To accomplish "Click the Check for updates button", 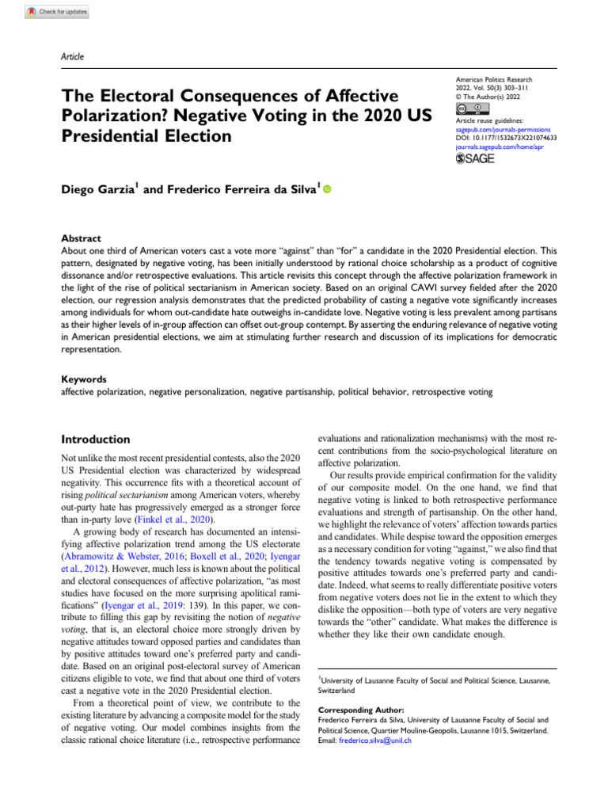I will click(57, 12).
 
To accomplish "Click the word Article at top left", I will click(72, 56).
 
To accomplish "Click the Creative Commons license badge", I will click(473, 108).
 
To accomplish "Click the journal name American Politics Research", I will click(495, 81).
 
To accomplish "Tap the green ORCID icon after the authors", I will click(327, 190).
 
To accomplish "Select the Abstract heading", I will click(81, 237).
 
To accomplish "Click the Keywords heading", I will click(83, 379).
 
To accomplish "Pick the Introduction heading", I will click(96, 439).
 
